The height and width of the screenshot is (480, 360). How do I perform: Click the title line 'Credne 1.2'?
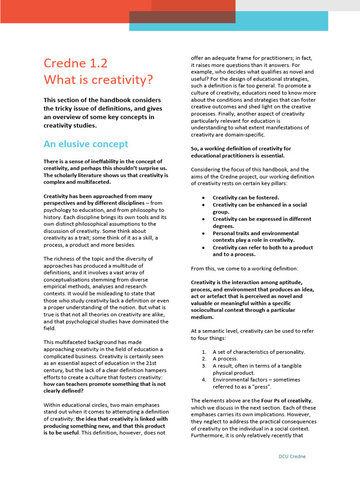75,63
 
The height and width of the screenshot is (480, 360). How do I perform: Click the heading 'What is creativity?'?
98,80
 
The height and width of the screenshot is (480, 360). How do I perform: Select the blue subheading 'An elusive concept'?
86,144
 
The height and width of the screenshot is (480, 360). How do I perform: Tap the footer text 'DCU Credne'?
292,456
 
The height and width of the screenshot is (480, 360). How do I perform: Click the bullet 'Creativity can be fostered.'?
246,198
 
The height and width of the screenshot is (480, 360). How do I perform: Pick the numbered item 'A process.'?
225,359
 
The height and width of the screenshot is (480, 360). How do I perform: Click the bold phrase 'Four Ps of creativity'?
286,401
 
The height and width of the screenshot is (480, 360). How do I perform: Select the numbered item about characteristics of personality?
259,352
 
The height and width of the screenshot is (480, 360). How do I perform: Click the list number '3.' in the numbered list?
204,366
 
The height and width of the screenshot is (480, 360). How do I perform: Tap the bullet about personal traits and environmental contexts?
255,237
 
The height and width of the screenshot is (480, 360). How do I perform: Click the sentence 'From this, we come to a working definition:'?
244,269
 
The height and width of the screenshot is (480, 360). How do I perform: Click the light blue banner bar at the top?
281,21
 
